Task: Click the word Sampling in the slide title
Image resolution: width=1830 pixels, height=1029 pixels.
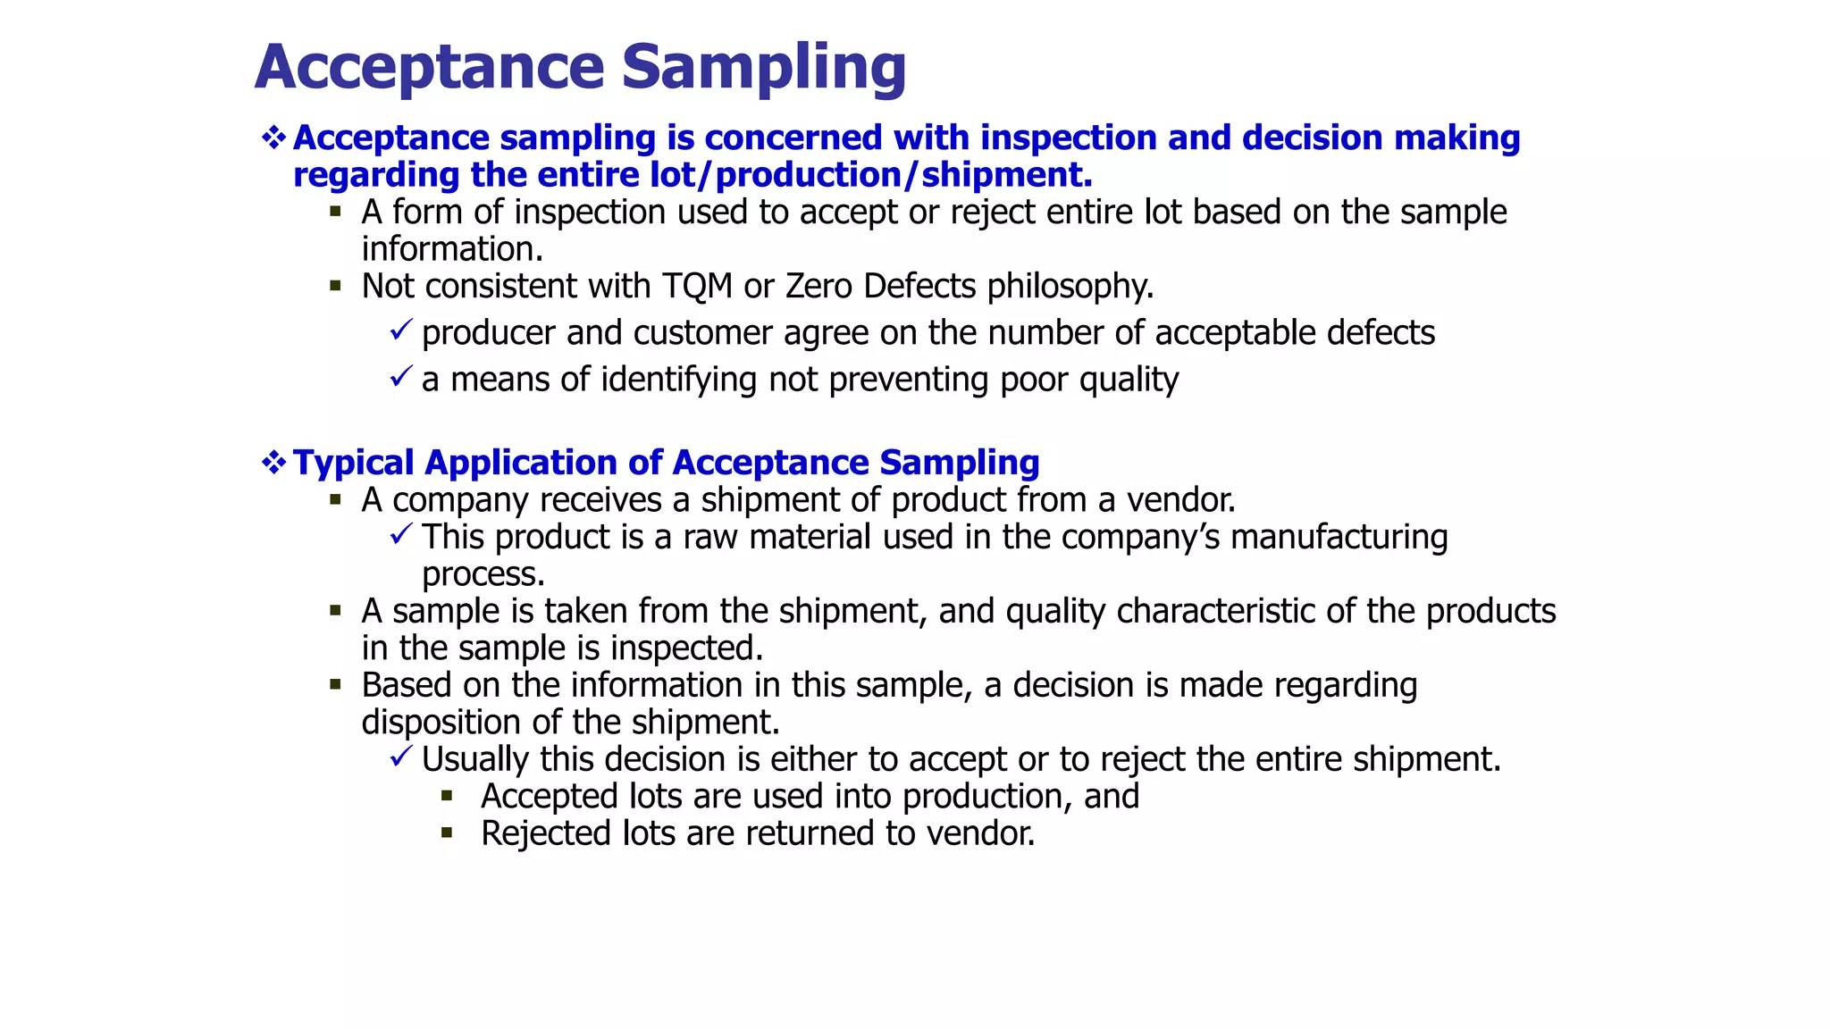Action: (764, 68)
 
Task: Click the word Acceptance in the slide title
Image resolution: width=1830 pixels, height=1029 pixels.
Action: (430, 68)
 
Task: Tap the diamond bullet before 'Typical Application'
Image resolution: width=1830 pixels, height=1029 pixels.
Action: (273, 462)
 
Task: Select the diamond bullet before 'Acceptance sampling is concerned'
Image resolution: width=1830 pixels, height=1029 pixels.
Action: (273, 138)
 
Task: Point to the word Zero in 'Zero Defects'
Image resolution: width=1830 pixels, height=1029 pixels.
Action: (818, 287)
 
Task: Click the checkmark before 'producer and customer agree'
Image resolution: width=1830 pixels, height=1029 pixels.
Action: (400, 330)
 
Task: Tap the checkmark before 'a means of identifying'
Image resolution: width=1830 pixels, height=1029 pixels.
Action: (400, 376)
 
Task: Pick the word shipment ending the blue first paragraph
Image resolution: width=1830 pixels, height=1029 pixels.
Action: (1006, 175)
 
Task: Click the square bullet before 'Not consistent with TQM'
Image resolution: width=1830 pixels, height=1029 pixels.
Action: (336, 287)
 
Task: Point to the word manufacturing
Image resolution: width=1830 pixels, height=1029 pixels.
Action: (1339, 538)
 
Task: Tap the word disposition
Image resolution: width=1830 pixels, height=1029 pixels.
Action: (441, 723)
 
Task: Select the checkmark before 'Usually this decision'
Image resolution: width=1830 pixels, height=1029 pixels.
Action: (400, 757)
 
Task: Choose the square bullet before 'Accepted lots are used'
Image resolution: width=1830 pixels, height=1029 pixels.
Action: (447, 796)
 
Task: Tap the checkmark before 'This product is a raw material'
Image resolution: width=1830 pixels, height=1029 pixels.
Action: (400, 534)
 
